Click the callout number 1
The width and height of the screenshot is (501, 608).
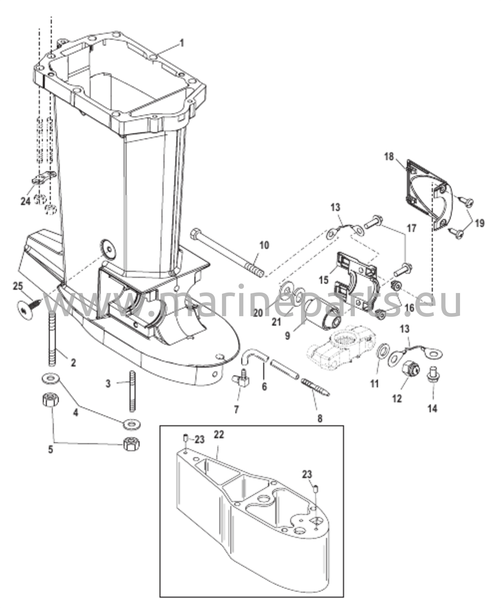[181, 44]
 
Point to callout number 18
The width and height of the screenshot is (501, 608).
[389, 156]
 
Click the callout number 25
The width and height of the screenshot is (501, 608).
[18, 286]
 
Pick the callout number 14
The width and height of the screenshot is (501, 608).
[433, 409]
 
